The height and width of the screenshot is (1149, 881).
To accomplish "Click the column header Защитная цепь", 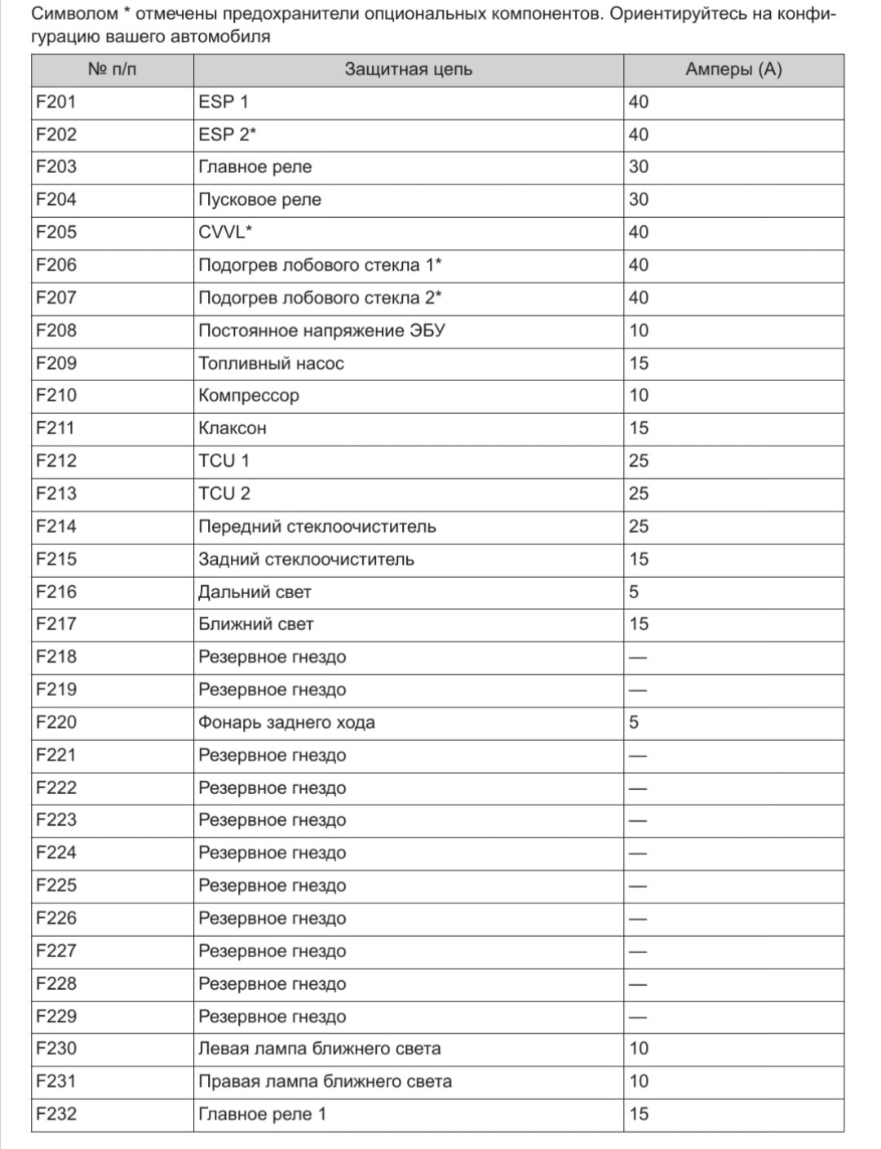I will pyautogui.click(x=408, y=70).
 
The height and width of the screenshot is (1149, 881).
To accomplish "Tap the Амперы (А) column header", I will pyautogui.click(x=733, y=70).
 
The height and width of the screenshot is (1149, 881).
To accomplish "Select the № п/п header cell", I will pyautogui.click(x=112, y=70).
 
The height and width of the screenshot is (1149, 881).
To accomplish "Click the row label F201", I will pyautogui.click(x=56, y=102).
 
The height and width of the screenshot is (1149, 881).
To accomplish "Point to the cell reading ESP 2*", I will pyautogui.click(x=228, y=135).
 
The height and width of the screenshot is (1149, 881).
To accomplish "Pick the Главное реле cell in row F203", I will pyautogui.click(x=255, y=167).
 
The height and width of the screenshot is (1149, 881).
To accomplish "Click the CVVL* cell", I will pyautogui.click(x=225, y=233).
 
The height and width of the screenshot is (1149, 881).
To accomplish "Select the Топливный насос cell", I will pyautogui.click(x=271, y=364).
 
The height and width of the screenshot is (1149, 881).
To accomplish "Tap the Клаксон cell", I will pyautogui.click(x=232, y=428).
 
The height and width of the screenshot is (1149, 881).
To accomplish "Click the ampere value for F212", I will pyautogui.click(x=639, y=461).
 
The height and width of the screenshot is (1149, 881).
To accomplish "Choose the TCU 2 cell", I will pyautogui.click(x=224, y=494).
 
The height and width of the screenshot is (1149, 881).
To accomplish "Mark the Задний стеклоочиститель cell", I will pyautogui.click(x=306, y=560).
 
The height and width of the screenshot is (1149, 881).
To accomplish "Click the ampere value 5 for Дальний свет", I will pyautogui.click(x=634, y=592).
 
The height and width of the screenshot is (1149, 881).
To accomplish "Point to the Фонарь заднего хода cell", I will pyautogui.click(x=286, y=723).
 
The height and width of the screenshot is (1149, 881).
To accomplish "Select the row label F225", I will pyautogui.click(x=56, y=885).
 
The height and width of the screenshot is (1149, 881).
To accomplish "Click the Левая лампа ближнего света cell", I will pyautogui.click(x=319, y=1049).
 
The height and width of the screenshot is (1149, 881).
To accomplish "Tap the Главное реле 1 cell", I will pyautogui.click(x=262, y=1115).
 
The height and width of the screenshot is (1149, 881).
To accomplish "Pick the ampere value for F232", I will pyautogui.click(x=639, y=1115).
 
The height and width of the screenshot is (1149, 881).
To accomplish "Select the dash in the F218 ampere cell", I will pyautogui.click(x=637, y=658).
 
